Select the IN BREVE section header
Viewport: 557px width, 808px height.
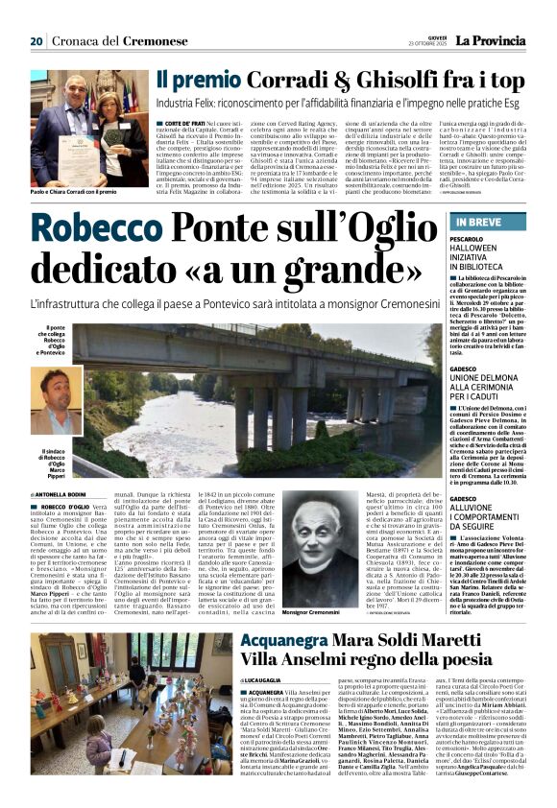coord(472,222)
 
